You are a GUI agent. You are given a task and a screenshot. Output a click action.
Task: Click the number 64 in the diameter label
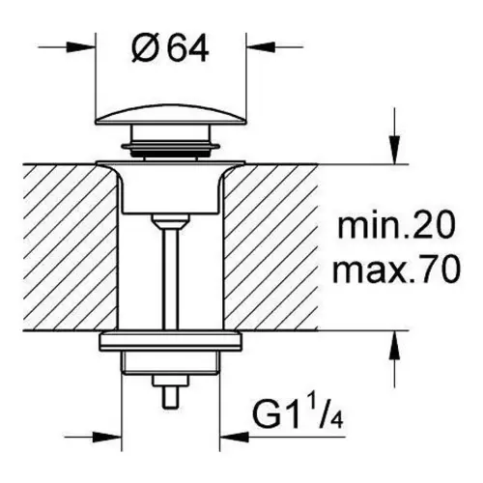[188, 50]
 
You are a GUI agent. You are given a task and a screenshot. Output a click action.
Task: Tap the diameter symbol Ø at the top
[145, 49]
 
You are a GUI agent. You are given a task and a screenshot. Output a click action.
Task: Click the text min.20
[396, 226]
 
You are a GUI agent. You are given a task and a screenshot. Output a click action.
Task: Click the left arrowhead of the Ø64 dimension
[81, 47]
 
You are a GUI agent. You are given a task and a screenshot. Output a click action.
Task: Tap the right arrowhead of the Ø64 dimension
[261, 47]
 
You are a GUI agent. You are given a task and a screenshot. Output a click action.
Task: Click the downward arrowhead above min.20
[395, 151]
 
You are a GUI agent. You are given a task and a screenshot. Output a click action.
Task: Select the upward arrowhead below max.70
[395, 345]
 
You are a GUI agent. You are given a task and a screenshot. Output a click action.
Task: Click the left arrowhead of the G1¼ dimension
[108, 438]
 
